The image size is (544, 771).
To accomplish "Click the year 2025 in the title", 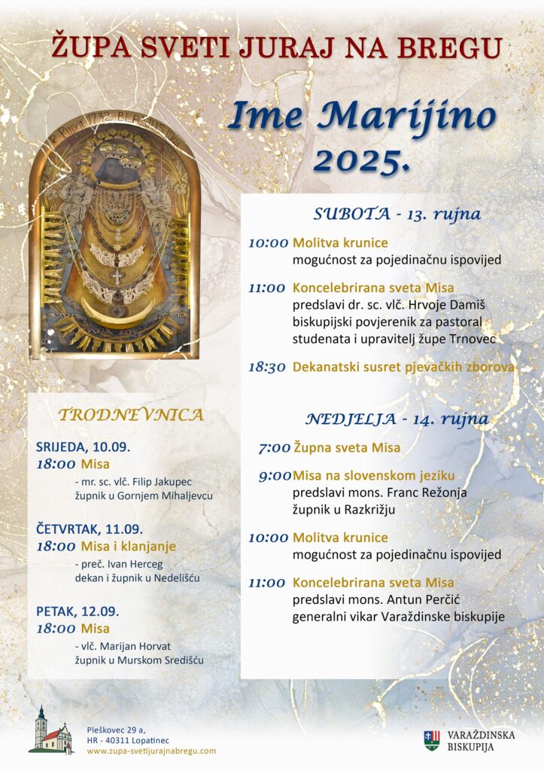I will pos(362,160).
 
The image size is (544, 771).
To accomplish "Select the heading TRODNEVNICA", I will pos(130,415).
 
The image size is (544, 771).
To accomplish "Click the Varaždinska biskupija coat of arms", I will pos(431,740).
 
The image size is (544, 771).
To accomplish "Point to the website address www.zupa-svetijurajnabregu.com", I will pos(151,751).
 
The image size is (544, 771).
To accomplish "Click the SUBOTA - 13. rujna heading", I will pos(397,214).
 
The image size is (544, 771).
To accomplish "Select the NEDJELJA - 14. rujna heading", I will pos(397,419).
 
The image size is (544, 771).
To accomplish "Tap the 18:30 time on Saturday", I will pos(267,367).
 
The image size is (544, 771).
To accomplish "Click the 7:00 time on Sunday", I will pos(274,448).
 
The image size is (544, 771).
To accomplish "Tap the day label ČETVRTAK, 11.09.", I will pos(90,529).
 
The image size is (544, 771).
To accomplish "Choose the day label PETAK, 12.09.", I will pos(77,611).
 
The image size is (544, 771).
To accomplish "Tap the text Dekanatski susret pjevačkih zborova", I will pos(403,367).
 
